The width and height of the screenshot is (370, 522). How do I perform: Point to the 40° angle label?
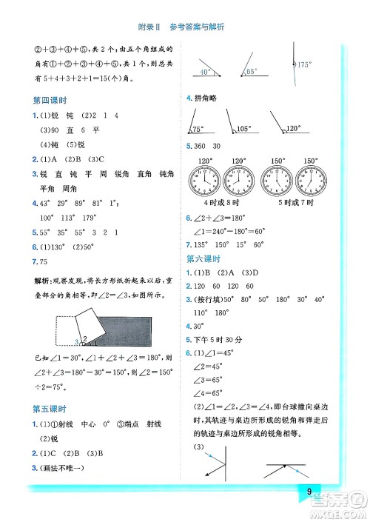click(205, 73)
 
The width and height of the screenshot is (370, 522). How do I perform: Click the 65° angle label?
click(252, 73)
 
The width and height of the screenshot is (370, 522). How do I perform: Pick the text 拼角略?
click(205, 98)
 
